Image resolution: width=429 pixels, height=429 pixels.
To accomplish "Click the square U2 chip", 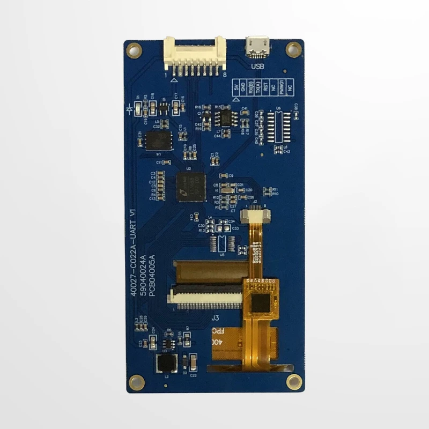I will [190, 187].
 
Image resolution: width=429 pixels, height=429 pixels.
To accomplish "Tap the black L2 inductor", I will [166, 363].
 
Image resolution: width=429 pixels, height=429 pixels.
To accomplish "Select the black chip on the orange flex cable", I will [261, 304].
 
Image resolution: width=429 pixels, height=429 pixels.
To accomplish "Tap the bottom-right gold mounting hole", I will [293, 382].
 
